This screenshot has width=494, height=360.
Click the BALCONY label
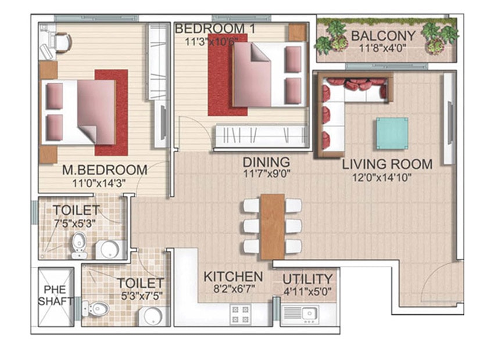pyautogui.click(x=383, y=36)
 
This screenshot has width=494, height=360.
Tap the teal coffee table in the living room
pyautogui.click(x=392, y=133)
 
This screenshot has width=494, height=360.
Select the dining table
pyautogui.click(x=273, y=226)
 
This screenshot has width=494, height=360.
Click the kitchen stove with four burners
pyautogui.click(x=241, y=314)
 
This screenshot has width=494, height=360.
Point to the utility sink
pyautogui.click(x=309, y=313)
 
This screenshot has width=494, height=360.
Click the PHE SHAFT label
pyautogui.click(x=55, y=295)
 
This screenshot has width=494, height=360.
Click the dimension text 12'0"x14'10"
pyautogui.click(x=381, y=178)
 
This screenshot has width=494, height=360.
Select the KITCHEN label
pyautogui.click(x=233, y=277)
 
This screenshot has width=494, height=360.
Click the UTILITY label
pyautogui.click(x=307, y=279)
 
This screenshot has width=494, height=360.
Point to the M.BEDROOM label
pyautogui.click(x=105, y=170)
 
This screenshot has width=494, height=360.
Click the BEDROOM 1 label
pyautogui.click(x=215, y=28)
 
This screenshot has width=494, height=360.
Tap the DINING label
pyautogui.click(x=266, y=162)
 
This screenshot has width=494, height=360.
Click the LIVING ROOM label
pyautogui.click(x=387, y=164)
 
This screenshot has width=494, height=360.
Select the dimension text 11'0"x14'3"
pyautogui.click(x=99, y=183)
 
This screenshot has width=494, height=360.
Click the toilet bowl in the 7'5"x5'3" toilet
pyautogui.click(x=78, y=245)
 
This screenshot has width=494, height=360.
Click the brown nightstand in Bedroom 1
pyautogui.click(x=297, y=32)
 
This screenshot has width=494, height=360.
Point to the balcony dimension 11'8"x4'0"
pyautogui.click(x=382, y=48)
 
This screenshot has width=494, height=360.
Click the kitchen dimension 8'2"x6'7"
pyautogui.click(x=234, y=289)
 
